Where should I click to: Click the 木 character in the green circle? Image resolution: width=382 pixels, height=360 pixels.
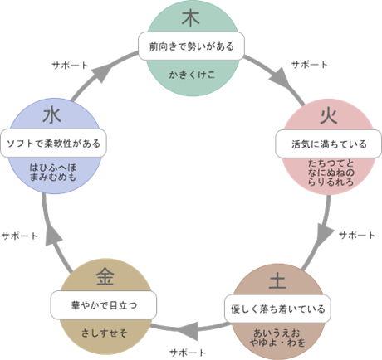tap(191, 18)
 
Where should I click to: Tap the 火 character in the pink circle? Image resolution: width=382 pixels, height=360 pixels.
tap(329, 115)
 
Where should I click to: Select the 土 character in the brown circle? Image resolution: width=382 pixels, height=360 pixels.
tap(277, 280)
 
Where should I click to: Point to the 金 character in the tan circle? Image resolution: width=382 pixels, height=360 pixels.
tap(105, 276)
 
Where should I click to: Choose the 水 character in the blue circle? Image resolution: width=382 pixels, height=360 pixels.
tap(51, 115)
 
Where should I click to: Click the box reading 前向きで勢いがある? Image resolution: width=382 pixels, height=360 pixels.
tap(191, 46)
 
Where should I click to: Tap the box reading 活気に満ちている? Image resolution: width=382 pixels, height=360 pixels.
tap(329, 144)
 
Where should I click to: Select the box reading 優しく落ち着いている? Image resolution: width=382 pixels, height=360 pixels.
tap(277, 309)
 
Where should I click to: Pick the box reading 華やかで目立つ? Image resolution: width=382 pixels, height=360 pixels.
tap(104, 305)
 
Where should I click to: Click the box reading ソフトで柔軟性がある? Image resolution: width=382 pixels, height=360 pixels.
tap(53, 144)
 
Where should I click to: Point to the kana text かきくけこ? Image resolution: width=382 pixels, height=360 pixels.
tap(192, 75)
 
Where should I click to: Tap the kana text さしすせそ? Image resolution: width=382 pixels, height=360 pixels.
tap(104, 333)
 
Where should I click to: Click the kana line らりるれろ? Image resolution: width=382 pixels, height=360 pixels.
tap(331, 182)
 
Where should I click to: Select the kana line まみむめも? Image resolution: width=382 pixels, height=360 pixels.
tap(53, 177)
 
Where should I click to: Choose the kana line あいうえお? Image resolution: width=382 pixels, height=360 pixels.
tap(277, 333)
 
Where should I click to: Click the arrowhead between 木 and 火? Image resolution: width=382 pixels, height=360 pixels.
tap(280, 78)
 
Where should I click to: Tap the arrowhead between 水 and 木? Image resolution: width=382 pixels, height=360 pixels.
tap(102, 72)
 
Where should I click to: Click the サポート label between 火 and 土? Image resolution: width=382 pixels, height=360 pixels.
tap(357, 236)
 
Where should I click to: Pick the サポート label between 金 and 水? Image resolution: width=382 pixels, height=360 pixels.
tap(19, 236)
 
